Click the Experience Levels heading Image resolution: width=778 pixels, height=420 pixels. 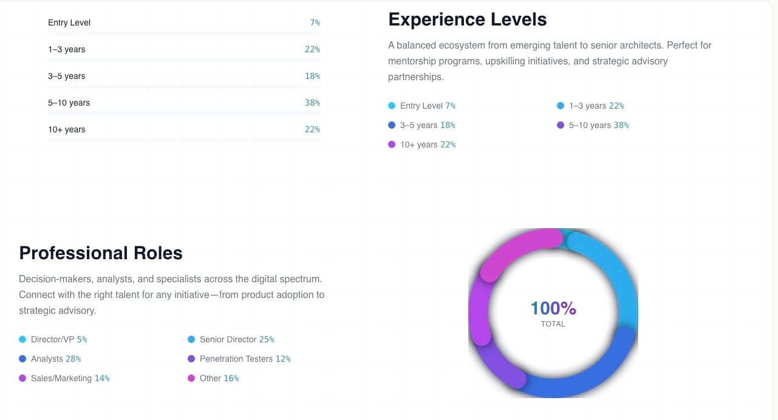tap(467, 19)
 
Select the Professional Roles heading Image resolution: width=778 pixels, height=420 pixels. tap(101, 252)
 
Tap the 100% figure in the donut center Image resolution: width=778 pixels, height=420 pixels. tap(553, 308)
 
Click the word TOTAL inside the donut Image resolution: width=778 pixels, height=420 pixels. tap(553, 324)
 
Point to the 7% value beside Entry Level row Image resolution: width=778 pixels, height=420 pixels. tap(315, 22)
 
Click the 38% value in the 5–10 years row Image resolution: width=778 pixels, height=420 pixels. tap(312, 103)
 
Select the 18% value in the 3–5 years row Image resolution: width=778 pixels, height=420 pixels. tap(312, 76)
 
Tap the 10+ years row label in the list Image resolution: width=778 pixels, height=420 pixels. tap(67, 129)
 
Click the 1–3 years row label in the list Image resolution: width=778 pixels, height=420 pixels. tap(67, 49)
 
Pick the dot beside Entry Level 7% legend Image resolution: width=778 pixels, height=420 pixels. tap(392, 106)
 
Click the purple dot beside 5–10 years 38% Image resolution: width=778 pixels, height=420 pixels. tap(561, 125)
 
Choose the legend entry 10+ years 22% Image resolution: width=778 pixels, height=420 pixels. tap(428, 144)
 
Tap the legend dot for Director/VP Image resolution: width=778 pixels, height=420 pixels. tap(22, 339)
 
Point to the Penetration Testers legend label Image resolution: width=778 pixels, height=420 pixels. tap(236, 359)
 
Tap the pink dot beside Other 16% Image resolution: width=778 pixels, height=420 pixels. tap(191, 378)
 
